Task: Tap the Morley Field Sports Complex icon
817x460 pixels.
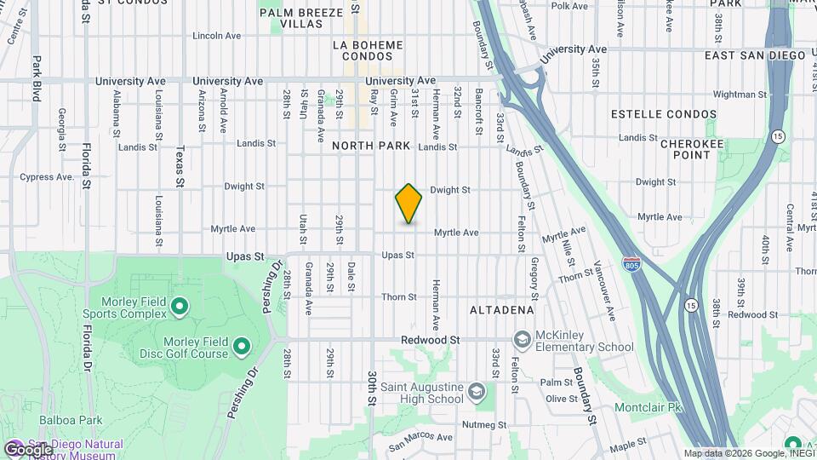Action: tap(180, 306)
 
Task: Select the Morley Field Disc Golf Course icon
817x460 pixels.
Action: tap(242, 346)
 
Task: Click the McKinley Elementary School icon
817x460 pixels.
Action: tap(522, 341)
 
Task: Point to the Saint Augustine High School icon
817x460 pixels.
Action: tap(477, 393)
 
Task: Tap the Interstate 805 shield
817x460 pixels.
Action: tap(631, 264)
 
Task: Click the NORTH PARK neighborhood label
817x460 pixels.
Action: tap(371, 146)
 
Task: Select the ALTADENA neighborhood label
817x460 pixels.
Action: tap(502, 310)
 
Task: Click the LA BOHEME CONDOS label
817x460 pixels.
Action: tap(369, 49)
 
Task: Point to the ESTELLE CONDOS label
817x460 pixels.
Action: tap(664, 113)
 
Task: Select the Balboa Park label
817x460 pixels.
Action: tap(70, 420)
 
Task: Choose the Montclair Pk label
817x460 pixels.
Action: tap(649, 407)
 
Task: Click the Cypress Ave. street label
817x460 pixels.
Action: tap(47, 177)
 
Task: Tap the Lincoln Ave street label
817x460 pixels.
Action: tap(218, 36)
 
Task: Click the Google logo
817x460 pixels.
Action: tap(28, 449)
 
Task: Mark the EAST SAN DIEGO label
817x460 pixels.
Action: tap(755, 55)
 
